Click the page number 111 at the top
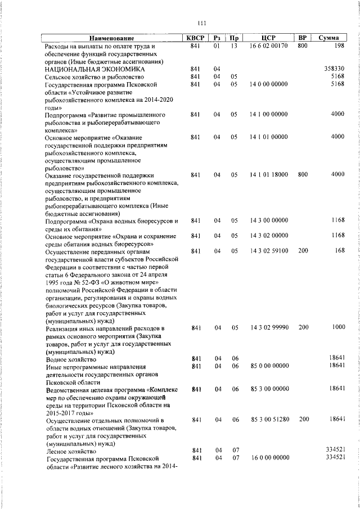202,23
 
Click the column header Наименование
111,38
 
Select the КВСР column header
195,38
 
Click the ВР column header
302,38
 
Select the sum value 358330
334,69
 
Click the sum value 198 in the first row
338,46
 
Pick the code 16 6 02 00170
268,46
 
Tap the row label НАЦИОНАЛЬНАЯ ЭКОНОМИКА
91,69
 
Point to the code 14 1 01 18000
268,175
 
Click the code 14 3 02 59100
268,251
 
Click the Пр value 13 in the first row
235,46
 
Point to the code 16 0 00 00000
268,458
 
